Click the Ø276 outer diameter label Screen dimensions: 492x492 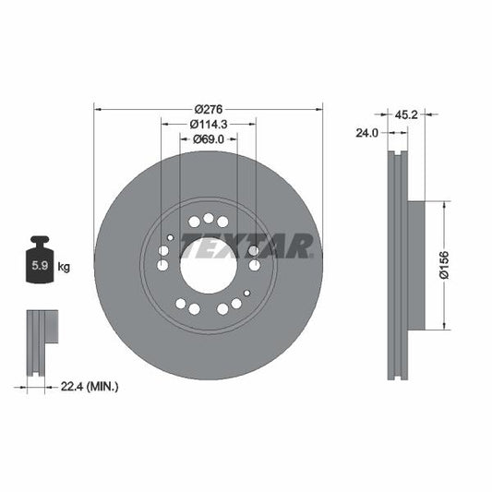coord(208,105)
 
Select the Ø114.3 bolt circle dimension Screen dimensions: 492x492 coord(208,123)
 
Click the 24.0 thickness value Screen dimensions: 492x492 coord(366,133)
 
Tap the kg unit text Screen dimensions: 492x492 coord(64,267)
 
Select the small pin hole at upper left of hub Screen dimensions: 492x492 coord(170,237)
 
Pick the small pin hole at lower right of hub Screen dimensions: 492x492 coord(246,293)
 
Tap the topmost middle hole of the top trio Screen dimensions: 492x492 coord(209,218)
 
